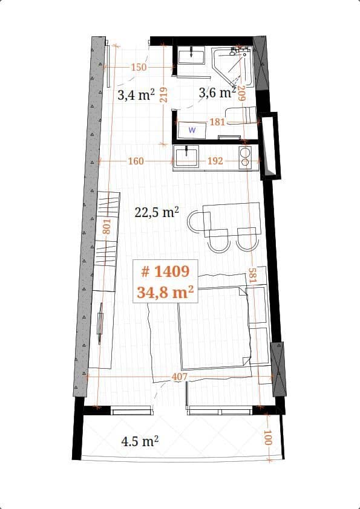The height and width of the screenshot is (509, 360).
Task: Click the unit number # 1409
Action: click(165, 271)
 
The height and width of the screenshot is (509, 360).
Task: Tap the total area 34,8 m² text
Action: click(165, 293)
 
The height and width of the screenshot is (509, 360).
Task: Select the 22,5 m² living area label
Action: click(157, 212)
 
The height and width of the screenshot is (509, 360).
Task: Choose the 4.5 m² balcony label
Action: click(140, 441)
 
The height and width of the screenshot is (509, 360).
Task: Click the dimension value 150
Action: click(139, 67)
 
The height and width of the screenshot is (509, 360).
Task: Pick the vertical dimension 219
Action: click(162, 95)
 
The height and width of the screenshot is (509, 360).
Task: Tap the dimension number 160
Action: click(136, 161)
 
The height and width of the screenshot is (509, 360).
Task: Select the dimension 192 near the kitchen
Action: click(215, 161)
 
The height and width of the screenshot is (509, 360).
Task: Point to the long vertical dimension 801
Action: click(106, 227)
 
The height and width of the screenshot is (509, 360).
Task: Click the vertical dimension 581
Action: click(253, 276)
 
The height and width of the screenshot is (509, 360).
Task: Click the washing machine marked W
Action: click(192, 130)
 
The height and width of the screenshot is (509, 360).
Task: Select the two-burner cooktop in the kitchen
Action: click(245, 157)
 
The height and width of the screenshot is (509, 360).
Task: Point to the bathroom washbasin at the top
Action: click(192, 56)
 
